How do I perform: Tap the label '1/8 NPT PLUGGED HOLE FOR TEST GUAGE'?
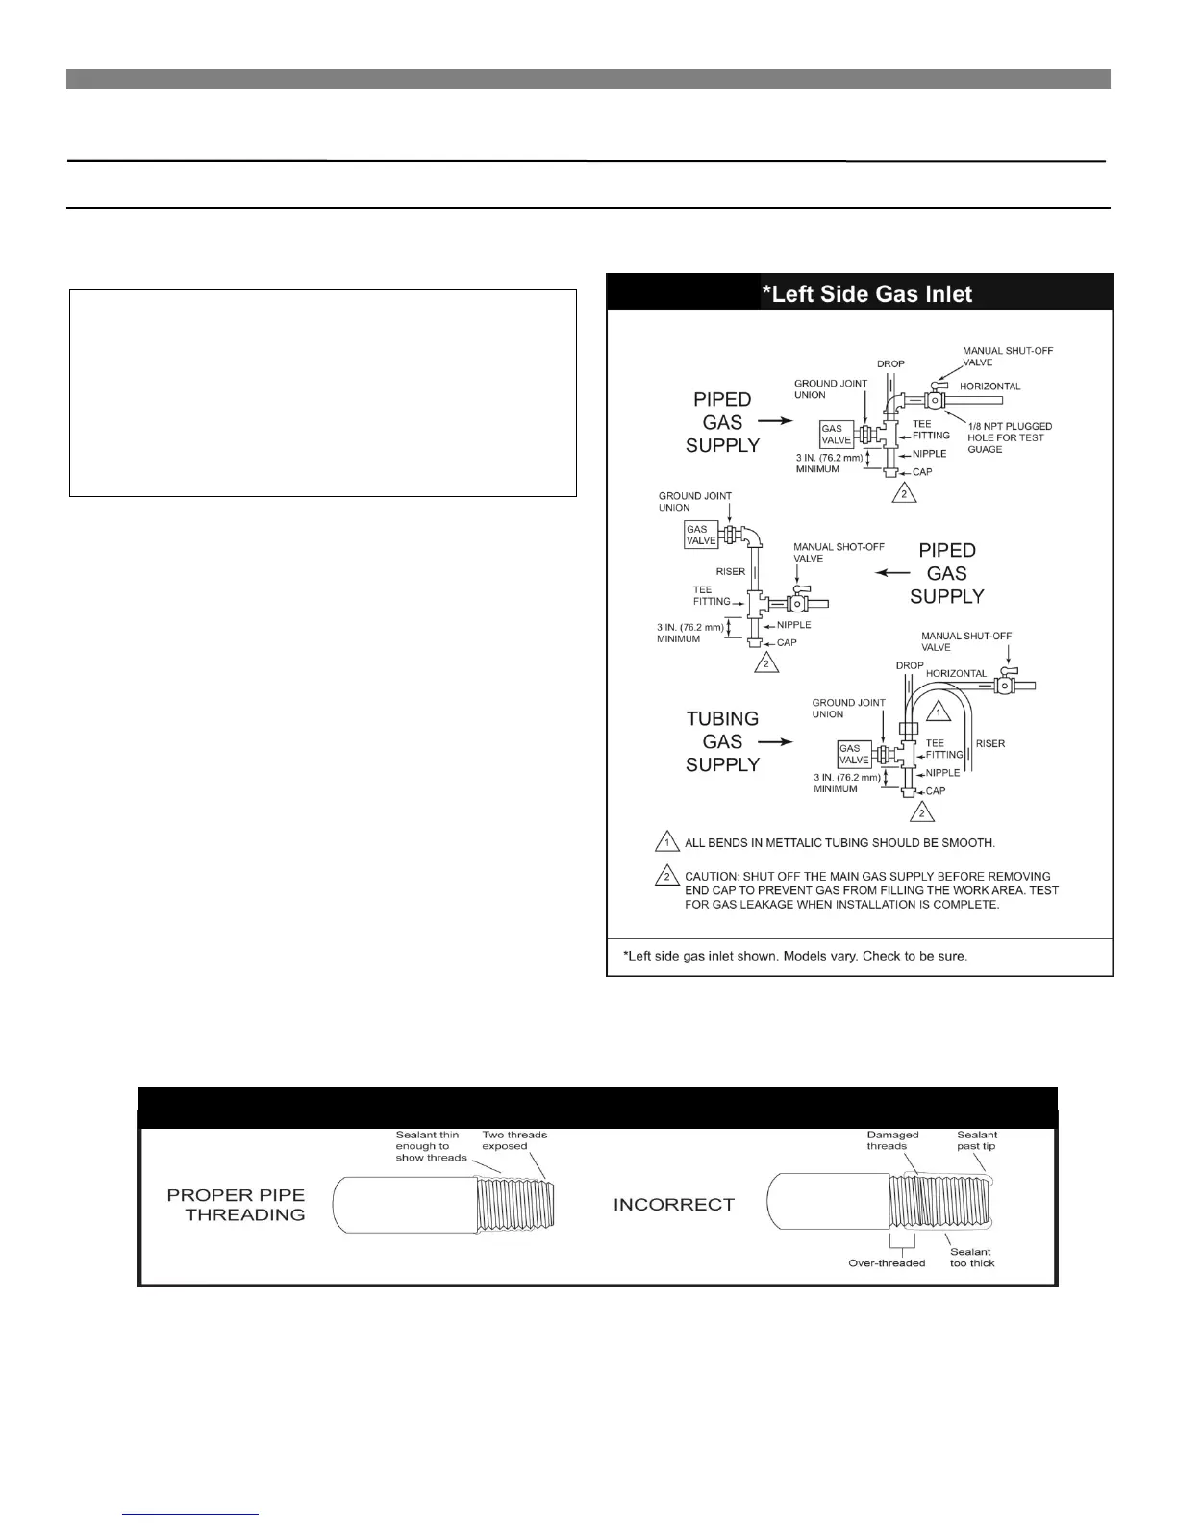[1009, 437]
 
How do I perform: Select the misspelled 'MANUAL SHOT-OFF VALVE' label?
[839, 553]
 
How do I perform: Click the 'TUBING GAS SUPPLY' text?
[722, 741]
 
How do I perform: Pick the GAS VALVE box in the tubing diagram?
[854, 755]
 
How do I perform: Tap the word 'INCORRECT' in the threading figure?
[673, 1204]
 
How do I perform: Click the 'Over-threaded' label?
[887, 1262]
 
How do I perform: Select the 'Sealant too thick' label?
[971, 1257]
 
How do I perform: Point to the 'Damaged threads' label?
[892, 1140]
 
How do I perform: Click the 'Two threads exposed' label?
[514, 1140]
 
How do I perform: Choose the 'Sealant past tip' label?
[976, 1140]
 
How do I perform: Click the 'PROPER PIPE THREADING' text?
[237, 1205]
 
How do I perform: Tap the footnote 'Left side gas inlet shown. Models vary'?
[795, 956]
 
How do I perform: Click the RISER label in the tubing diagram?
[989, 743]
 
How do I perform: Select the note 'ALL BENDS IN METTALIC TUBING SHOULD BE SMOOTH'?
[839, 843]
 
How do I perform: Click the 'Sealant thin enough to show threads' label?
[431, 1146]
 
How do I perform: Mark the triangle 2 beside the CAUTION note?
[666, 877]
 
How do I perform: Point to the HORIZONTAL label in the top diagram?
[989, 387]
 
